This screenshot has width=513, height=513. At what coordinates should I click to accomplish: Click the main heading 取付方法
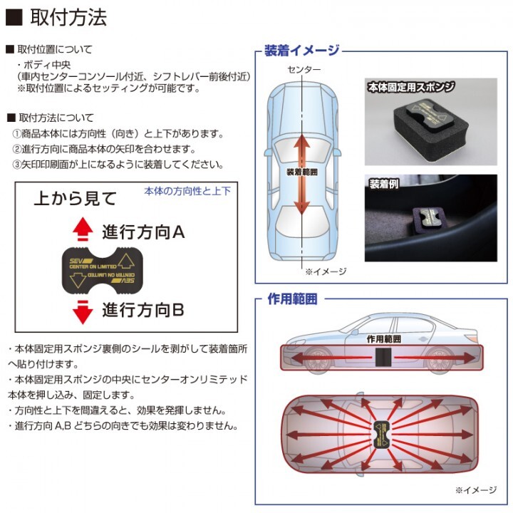(x=68, y=17)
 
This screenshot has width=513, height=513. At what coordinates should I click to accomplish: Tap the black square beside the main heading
(x=14, y=17)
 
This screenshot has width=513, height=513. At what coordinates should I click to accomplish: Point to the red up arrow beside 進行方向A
(x=83, y=229)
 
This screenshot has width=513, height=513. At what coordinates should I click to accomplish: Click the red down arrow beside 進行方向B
(x=83, y=312)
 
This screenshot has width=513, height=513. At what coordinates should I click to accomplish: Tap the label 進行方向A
(x=143, y=232)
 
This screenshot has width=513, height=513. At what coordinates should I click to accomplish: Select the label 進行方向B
(x=143, y=309)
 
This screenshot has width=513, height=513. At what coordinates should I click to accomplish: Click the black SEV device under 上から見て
(x=103, y=271)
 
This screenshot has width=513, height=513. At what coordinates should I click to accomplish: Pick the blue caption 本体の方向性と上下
(x=187, y=191)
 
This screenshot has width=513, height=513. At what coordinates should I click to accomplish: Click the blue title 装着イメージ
(x=302, y=50)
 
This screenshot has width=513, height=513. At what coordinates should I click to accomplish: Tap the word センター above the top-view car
(x=304, y=69)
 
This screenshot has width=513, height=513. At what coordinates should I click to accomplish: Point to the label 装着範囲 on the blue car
(x=301, y=172)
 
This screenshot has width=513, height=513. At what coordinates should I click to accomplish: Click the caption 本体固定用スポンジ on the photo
(x=411, y=87)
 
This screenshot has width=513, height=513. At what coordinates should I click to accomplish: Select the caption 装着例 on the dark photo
(x=384, y=184)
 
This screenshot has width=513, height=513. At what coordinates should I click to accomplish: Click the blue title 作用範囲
(x=293, y=299)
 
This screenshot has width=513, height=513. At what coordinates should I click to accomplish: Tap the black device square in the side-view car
(x=383, y=357)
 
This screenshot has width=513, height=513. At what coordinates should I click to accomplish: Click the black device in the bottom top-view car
(x=382, y=435)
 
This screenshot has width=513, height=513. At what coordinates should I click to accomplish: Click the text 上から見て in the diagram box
(x=76, y=198)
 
